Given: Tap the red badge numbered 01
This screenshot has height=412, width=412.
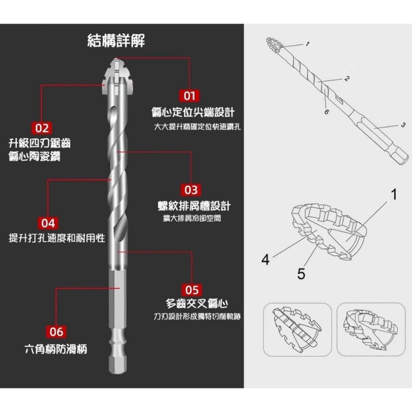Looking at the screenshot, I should (189, 96).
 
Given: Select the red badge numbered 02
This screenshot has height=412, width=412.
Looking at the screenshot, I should (42, 128).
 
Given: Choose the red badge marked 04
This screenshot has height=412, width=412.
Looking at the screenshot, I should (48, 223).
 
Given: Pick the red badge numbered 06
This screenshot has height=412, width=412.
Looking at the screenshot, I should (54, 332).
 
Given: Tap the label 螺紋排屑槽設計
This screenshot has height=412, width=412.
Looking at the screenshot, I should (194, 206).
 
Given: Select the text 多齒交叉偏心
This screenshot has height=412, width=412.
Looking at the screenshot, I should (197, 304).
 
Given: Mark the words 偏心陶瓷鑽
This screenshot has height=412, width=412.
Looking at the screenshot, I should (35, 157).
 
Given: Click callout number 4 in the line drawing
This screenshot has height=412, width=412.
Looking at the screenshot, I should (266, 260).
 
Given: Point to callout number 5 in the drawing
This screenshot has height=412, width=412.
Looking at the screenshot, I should (301, 273).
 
